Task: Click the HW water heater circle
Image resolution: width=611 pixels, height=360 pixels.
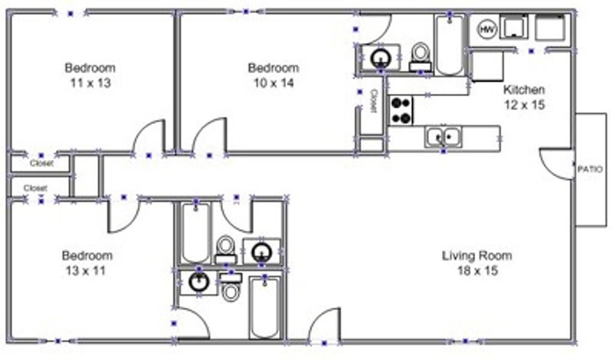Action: pos(487,29)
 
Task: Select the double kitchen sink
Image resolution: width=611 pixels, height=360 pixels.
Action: pos(443,137)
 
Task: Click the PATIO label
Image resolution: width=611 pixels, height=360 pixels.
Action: pos(590,169)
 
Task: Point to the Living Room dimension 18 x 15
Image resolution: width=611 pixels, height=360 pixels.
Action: pos(477,271)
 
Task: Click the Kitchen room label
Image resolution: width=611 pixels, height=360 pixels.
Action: pos(524,90)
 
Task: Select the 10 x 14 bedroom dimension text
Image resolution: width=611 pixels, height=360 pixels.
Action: pos(274,83)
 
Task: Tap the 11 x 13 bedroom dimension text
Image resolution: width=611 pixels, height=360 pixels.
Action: pos(91,83)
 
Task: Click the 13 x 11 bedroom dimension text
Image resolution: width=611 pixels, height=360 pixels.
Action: pos(85,271)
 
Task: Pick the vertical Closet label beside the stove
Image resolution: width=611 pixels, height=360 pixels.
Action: pos(374,101)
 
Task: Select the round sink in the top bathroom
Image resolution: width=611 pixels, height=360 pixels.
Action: pos(381,58)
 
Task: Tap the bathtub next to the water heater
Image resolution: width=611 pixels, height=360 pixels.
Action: pos(449,45)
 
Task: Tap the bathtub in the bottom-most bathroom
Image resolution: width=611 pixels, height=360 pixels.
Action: pos(264,307)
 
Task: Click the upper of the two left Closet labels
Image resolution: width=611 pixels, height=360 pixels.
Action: pos(42,163)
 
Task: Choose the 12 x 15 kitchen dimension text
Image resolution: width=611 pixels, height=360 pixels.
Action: pos(525,105)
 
